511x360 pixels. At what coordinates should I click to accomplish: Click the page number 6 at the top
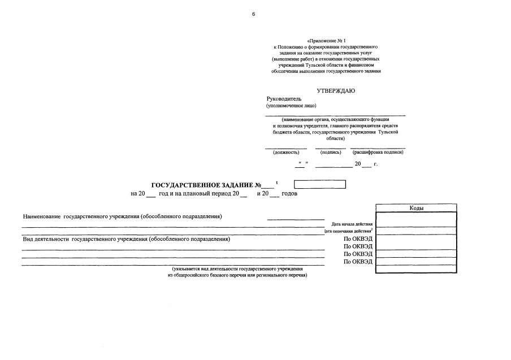(x=254, y=14)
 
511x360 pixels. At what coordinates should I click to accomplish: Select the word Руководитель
(x=284, y=98)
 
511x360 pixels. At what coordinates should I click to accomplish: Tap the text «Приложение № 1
(x=326, y=41)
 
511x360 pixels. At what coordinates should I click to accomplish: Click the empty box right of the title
(x=319, y=184)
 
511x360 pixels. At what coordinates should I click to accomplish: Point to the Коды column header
(x=417, y=208)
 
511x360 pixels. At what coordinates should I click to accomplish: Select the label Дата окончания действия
(x=349, y=231)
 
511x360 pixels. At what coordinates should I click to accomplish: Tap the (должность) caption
(x=286, y=153)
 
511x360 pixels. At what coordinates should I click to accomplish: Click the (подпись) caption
(x=330, y=153)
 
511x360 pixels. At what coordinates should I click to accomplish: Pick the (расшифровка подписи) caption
(x=378, y=153)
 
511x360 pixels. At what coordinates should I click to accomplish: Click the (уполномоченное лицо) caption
(x=291, y=106)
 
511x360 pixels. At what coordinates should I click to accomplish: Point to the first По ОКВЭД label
(x=358, y=239)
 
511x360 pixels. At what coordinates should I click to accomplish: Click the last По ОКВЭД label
(x=358, y=261)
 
